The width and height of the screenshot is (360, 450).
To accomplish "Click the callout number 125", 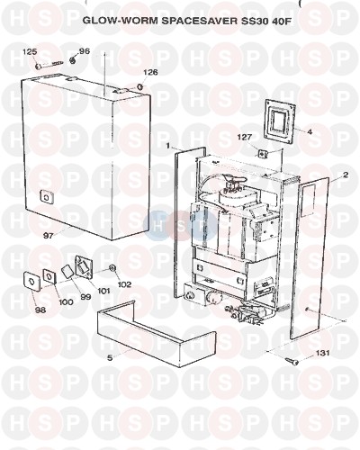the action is tap(30, 52).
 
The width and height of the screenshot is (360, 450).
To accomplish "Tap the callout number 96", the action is tap(85, 51).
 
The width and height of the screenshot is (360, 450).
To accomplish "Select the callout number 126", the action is tap(150, 72).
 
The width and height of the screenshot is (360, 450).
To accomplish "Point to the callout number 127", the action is tap(245, 137).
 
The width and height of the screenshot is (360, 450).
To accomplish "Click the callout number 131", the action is tap(322, 353).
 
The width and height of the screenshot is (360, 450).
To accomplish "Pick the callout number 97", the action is tap(49, 236).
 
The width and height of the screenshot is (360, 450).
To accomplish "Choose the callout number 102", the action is tap(124, 283).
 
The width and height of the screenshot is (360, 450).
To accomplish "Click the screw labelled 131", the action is tap(292, 361).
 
